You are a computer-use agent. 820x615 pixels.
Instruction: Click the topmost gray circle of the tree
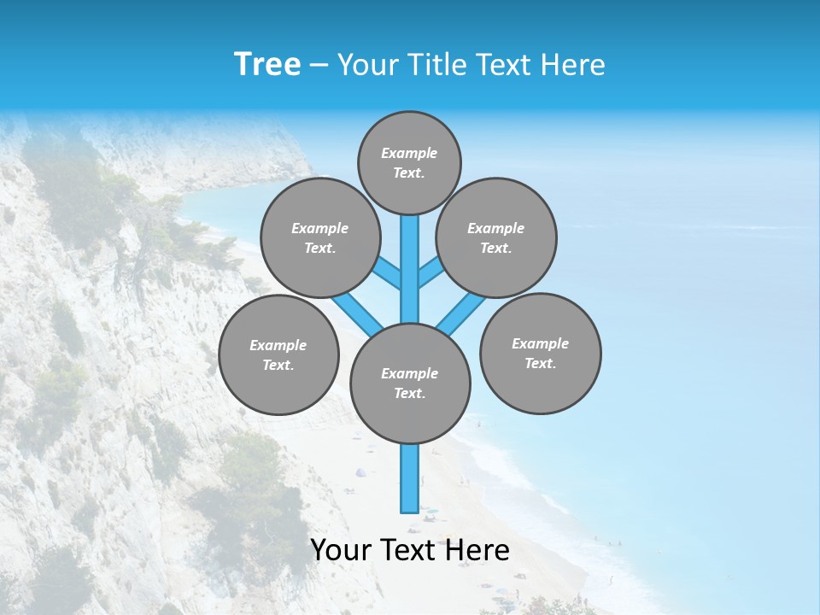[409, 162]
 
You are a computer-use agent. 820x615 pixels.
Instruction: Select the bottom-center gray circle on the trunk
[410, 384]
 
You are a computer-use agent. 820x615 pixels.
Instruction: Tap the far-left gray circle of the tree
[278, 354]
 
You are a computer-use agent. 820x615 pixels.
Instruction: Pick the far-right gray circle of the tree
[540, 354]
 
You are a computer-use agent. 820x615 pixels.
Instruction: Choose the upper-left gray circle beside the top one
[320, 237]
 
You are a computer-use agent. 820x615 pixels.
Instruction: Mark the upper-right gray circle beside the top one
[496, 237]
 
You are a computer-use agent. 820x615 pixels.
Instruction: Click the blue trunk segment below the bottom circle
[410, 478]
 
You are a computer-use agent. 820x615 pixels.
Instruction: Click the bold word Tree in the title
[267, 64]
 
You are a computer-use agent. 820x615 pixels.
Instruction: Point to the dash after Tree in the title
[319, 65]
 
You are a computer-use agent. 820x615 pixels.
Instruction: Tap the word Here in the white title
[574, 65]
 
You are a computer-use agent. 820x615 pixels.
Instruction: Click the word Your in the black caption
[340, 551]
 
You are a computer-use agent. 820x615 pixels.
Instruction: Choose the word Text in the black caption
[409, 551]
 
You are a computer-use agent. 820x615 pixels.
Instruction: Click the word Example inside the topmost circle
[409, 153]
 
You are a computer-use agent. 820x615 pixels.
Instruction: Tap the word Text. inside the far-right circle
[540, 364]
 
